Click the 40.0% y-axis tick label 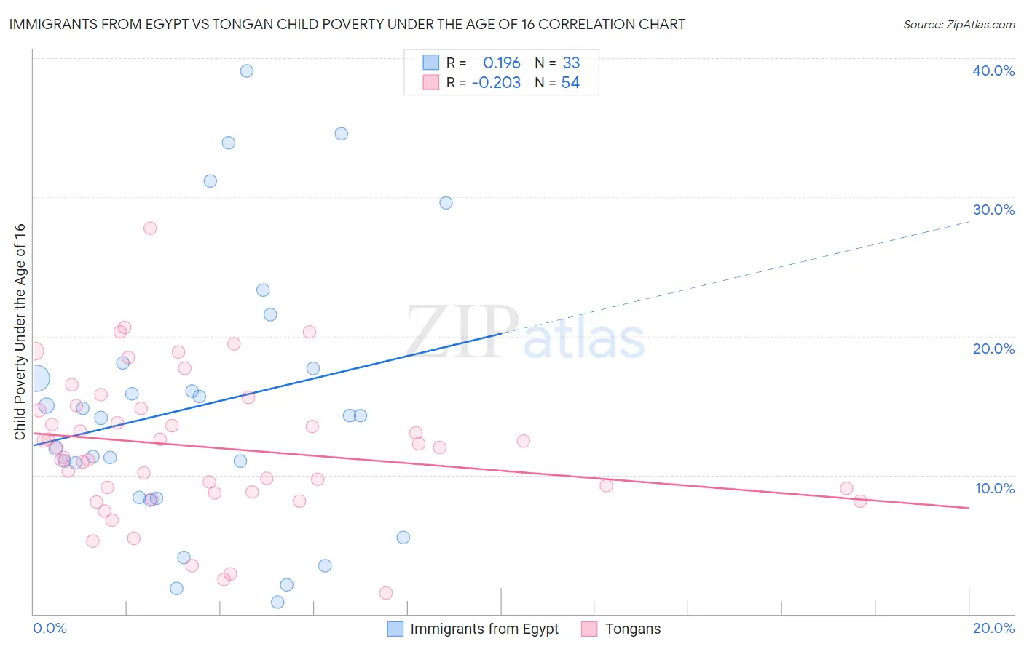click(x=993, y=71)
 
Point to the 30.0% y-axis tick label click(x=993, y=210)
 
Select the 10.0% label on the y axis click(x=995, y=488)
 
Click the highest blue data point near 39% click(x=247, y=71)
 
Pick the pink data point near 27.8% click(x=150, y=228)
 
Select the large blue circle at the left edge click(x=35, y=378)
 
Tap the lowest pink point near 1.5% click(x=386, y=593)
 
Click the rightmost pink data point click(x=860, y=501)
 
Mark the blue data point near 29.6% click(x=446, y=203)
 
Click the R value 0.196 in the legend click(x=502, y=63)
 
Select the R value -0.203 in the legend click(x=496, y=83)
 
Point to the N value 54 click(x=570, y=83)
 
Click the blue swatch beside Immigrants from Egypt click(x=395, y=629)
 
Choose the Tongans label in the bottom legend click(x=632, y=629)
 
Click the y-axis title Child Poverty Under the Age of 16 click(x=20, y=332)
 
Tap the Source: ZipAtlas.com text click(x=958, y=25)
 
